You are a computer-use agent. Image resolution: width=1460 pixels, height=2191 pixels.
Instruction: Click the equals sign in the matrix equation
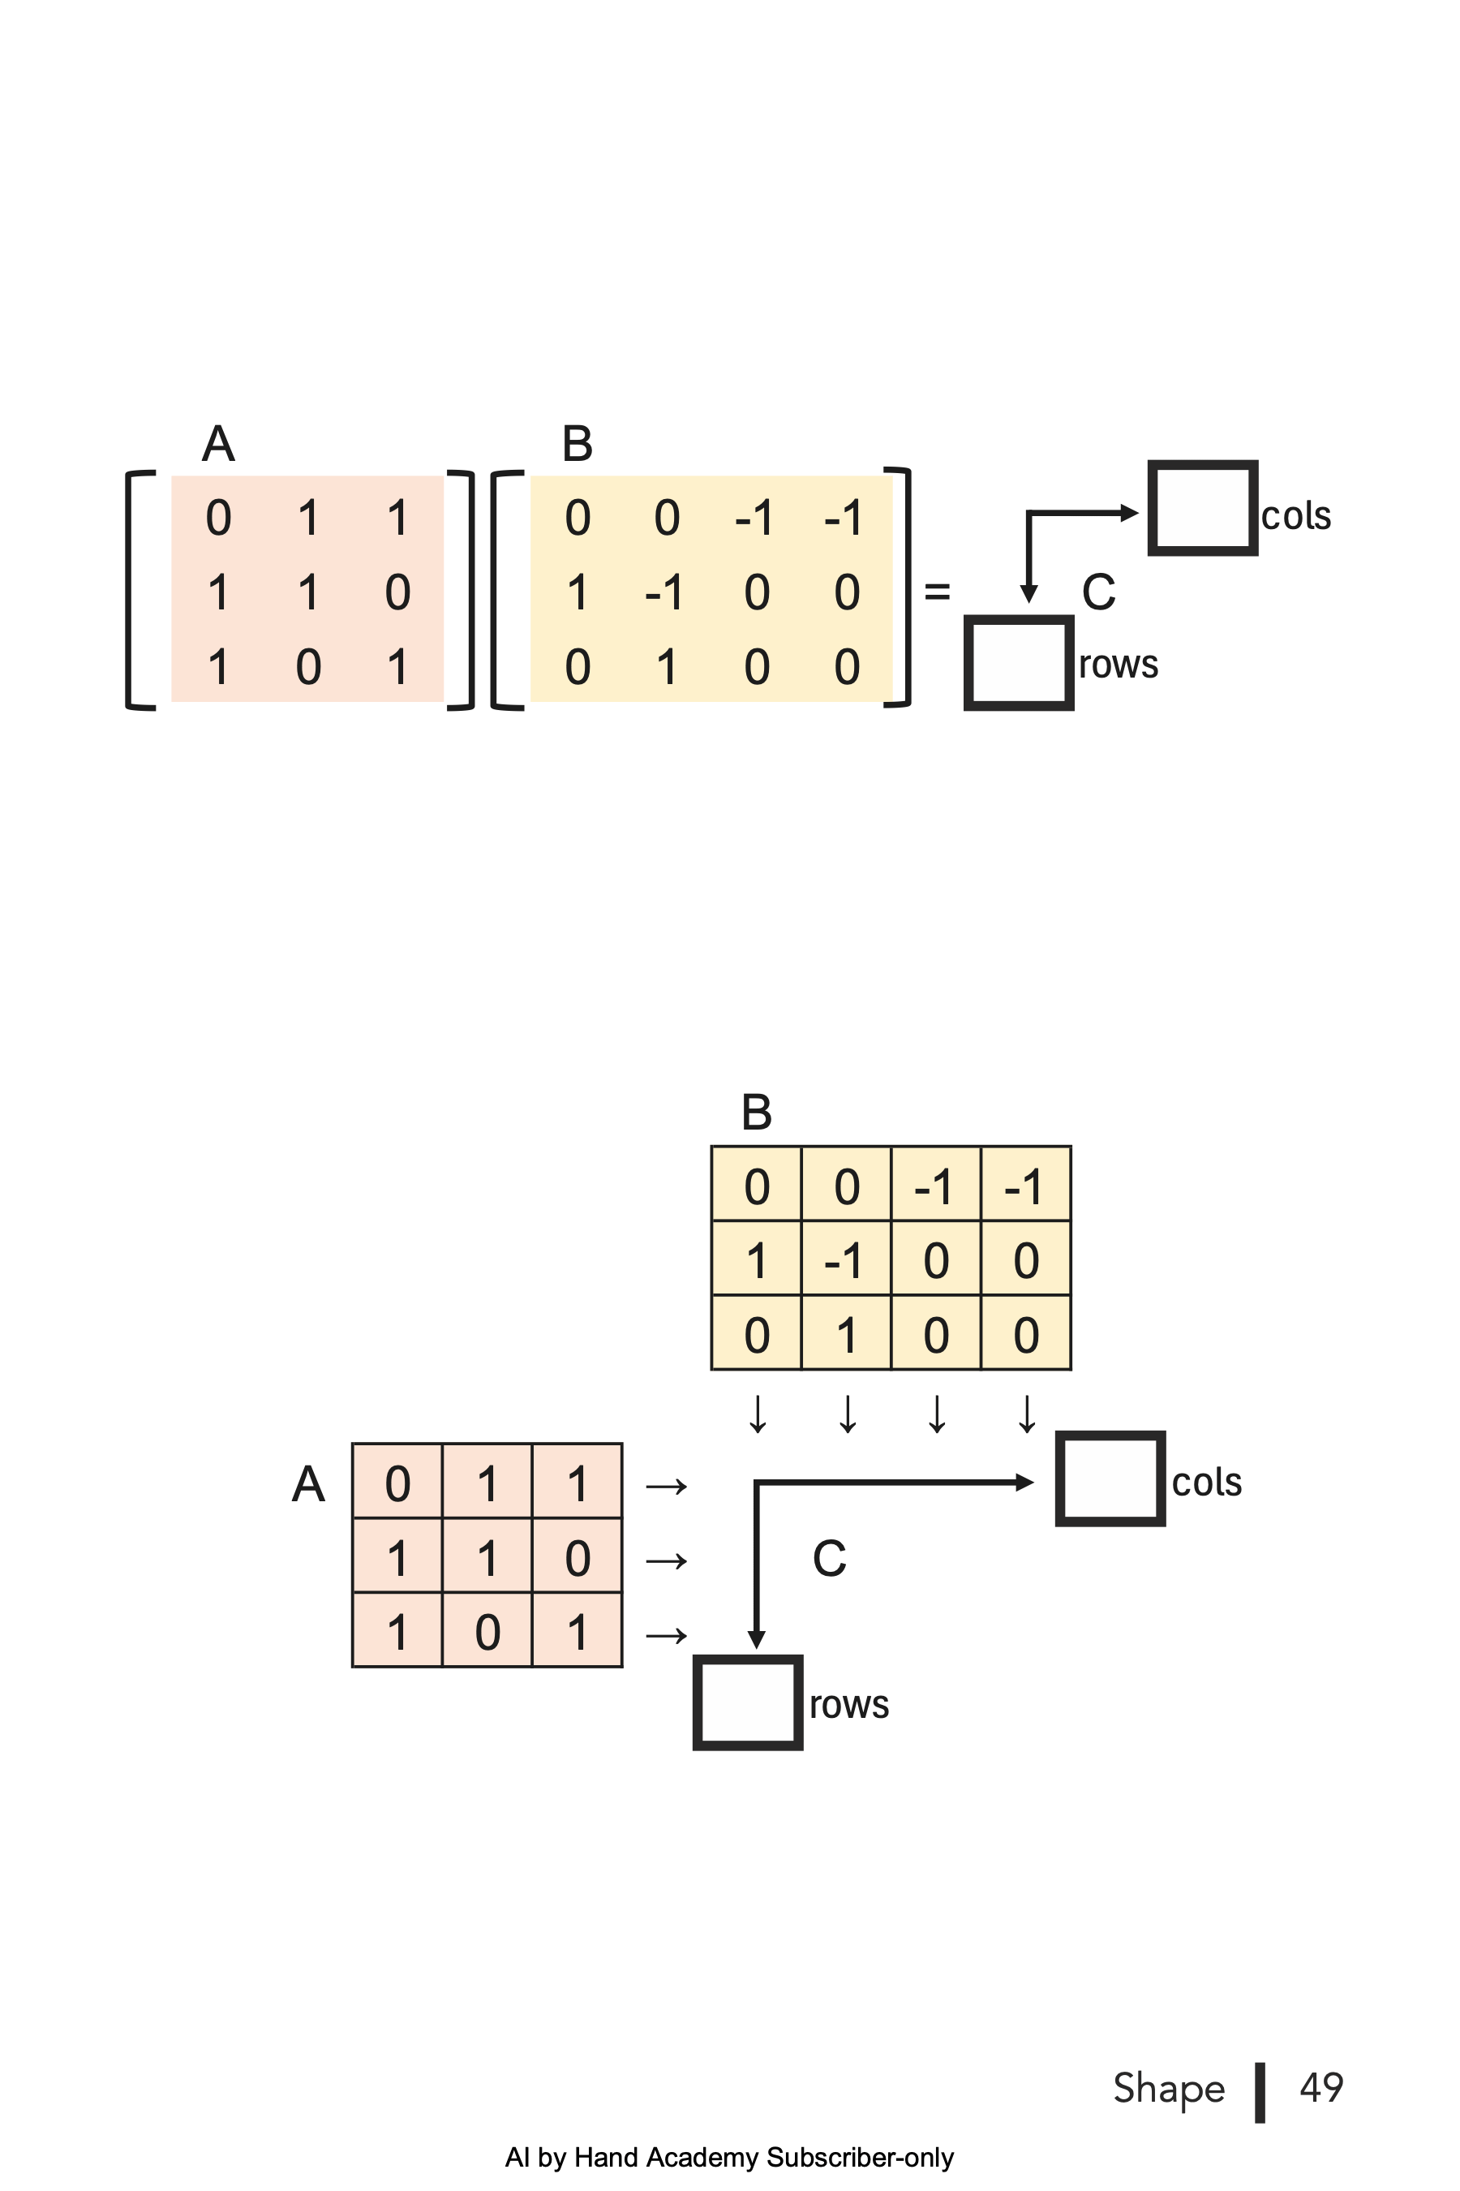(x=937, y=592)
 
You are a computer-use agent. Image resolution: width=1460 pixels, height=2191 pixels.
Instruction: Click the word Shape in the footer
(x=1169, y=2089)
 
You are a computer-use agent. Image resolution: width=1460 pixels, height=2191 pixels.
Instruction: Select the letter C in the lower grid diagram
(x=829, y=1559)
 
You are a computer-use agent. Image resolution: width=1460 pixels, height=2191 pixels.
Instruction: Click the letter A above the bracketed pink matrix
(x=218, y=443)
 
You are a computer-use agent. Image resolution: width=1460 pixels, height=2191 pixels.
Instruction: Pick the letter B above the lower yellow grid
(x=756, y=1113)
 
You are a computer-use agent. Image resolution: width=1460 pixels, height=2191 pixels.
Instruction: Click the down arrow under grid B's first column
(x=758, y=1413)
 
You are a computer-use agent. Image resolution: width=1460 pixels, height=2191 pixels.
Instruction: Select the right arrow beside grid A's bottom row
(x=667, y=1635)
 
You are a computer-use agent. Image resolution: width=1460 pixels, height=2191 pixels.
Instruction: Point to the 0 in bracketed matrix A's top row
(x=219, y=518)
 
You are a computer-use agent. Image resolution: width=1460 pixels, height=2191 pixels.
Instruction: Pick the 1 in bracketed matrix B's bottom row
(x=667, y=667)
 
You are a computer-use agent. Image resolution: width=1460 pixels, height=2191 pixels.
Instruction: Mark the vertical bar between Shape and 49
(x=1260, y=2092)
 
